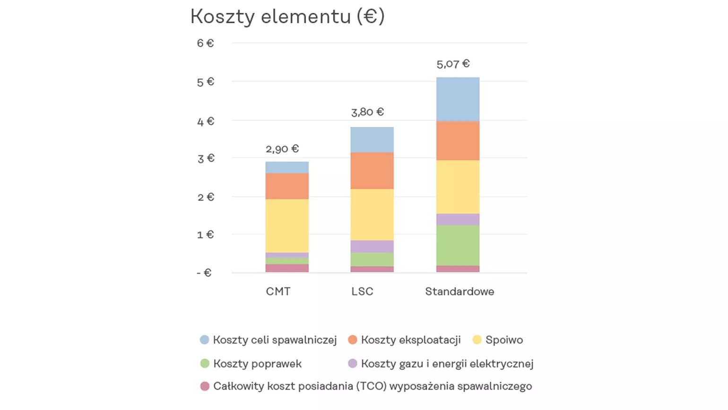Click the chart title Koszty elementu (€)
[287, 17]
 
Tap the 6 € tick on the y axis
[205, 43]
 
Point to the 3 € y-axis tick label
[206, 158]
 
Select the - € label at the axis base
[204, 273]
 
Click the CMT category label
[278, 292]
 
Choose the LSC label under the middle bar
[362, 292]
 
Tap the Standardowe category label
[459, 292]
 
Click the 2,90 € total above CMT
[282, 149]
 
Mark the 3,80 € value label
[367, 112]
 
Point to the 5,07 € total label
[453, 64]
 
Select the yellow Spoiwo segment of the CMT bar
[287, 226]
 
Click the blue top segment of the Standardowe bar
[458, 99]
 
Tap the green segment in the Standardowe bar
[458, 245]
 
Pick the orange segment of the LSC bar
[372, 170]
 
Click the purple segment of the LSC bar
[372, 246]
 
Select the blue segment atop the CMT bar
[287, 167]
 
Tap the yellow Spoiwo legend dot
[477, 340]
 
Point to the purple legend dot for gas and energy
[353, 364]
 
